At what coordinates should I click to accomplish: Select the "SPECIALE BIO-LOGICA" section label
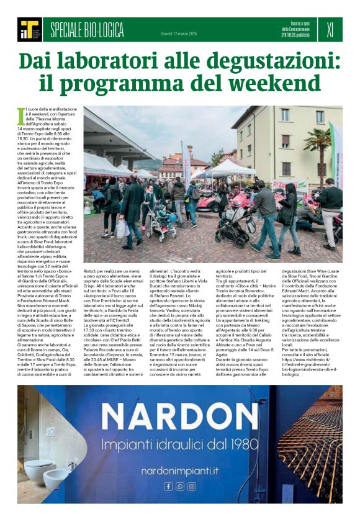87,30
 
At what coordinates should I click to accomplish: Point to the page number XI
330,29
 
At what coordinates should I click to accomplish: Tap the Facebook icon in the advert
168,487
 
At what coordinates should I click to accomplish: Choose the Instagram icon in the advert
192,487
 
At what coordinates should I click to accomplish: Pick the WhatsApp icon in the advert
180,487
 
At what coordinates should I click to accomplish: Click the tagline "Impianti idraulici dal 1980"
180,445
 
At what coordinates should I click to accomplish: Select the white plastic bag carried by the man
122,228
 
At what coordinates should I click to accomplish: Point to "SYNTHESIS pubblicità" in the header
295,35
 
